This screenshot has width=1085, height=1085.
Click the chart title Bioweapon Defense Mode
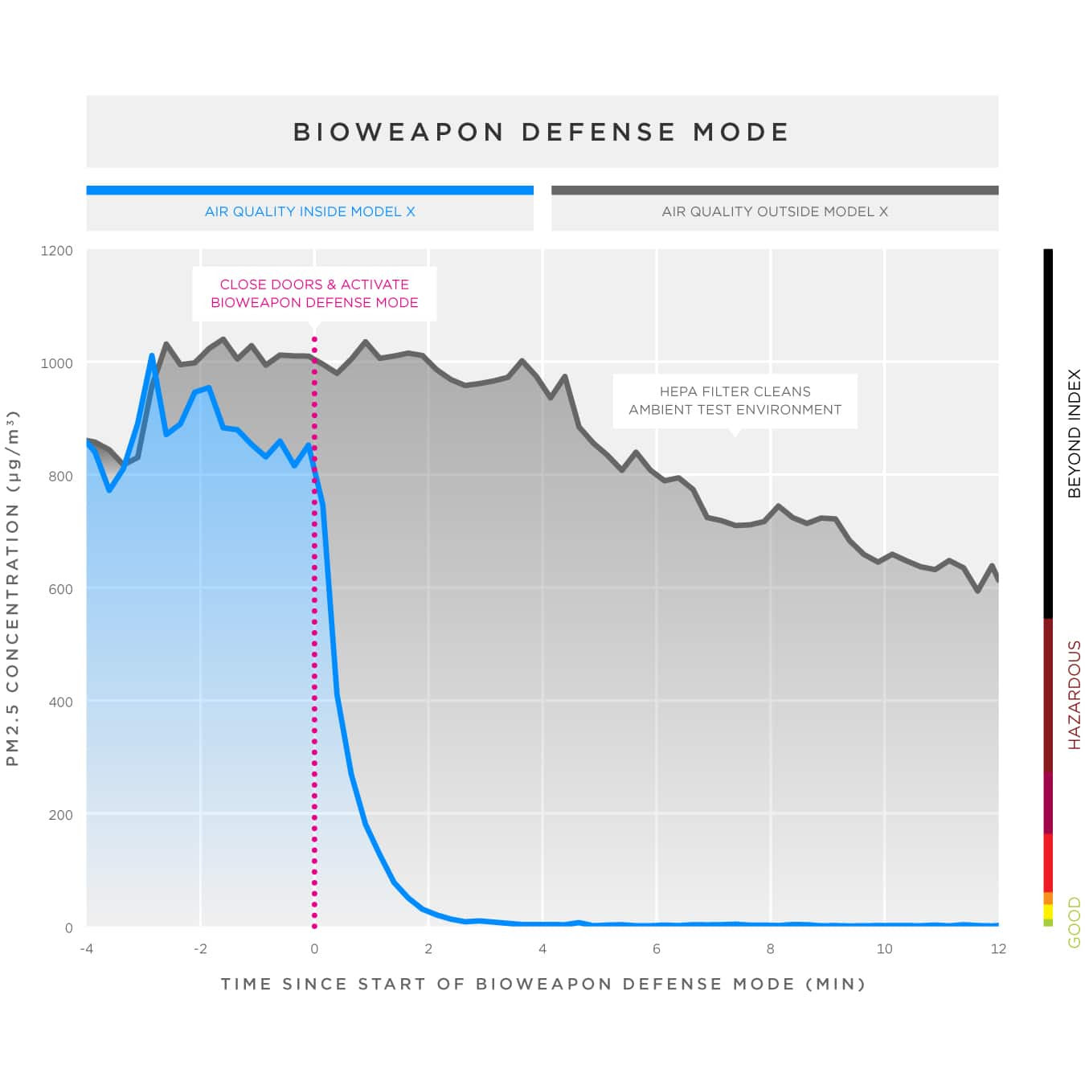tap(542, 132)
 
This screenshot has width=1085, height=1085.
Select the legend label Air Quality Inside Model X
tap(309, 211)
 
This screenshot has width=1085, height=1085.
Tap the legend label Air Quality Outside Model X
tap(775, 211)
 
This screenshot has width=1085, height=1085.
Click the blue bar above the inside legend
tap(309, 190)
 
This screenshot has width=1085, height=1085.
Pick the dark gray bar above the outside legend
tap(775, 190)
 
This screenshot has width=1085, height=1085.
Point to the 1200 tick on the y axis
tap(56, 251)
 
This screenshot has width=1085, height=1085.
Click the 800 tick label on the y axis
tap(60, 477)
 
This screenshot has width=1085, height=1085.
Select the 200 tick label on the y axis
tap(60, 815)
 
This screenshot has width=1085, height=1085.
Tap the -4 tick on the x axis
tap(86, 949)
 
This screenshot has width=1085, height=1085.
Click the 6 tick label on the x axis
tap(656, 949)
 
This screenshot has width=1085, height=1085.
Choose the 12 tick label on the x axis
tap(997, 949)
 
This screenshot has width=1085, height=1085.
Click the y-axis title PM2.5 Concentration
tap(13, 588)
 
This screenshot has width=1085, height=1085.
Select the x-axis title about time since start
tap(542, 984)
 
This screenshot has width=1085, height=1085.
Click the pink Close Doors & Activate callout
tap(314, 293)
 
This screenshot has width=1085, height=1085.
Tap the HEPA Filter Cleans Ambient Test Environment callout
tap(735, 400)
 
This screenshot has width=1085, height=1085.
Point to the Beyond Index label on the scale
tap(1074, 433)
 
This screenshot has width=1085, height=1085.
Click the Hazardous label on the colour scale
tap(1074, 695)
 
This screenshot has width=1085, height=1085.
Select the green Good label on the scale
tap(1074, 923)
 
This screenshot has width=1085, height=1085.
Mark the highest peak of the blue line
tap(151, 355)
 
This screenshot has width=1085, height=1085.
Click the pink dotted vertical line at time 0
tap(314, 643)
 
